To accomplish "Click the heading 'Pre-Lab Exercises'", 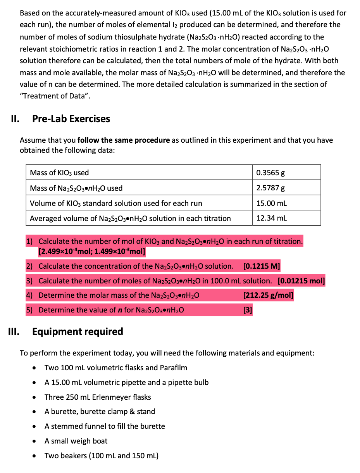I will point(71,119).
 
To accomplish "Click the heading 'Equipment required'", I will point(78,331).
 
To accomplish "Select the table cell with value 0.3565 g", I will point(271,173).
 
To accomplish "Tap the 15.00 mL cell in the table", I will point(272,203).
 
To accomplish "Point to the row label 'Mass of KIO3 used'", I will point(59,173).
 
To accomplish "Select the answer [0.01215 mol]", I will point(301,281).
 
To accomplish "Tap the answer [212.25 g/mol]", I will point(268,295).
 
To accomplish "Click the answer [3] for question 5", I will point(247,310).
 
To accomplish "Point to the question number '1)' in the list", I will point(29,242).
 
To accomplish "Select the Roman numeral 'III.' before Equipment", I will point(16,331).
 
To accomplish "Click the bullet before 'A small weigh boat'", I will point(36,441).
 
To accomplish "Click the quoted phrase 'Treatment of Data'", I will point(55,96).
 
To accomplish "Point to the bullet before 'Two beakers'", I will point(36,456).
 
